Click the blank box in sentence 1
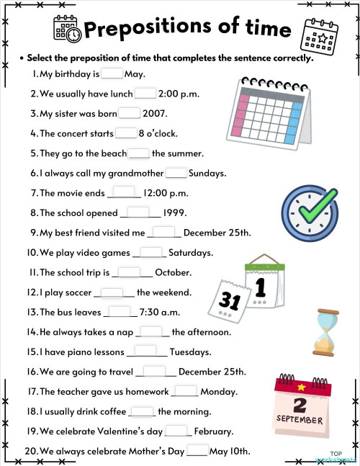[112, 73]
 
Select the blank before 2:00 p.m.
[145, 93]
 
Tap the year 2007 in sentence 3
[155, 113]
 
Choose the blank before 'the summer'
[139, 153]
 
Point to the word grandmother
[132, 174]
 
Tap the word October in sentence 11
[174, 273]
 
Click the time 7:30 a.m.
[159, 313]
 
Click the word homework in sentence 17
[145, 392]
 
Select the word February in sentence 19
[214, 431]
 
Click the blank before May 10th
[197, 452]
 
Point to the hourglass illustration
[326, 332]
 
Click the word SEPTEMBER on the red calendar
[300, 419]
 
